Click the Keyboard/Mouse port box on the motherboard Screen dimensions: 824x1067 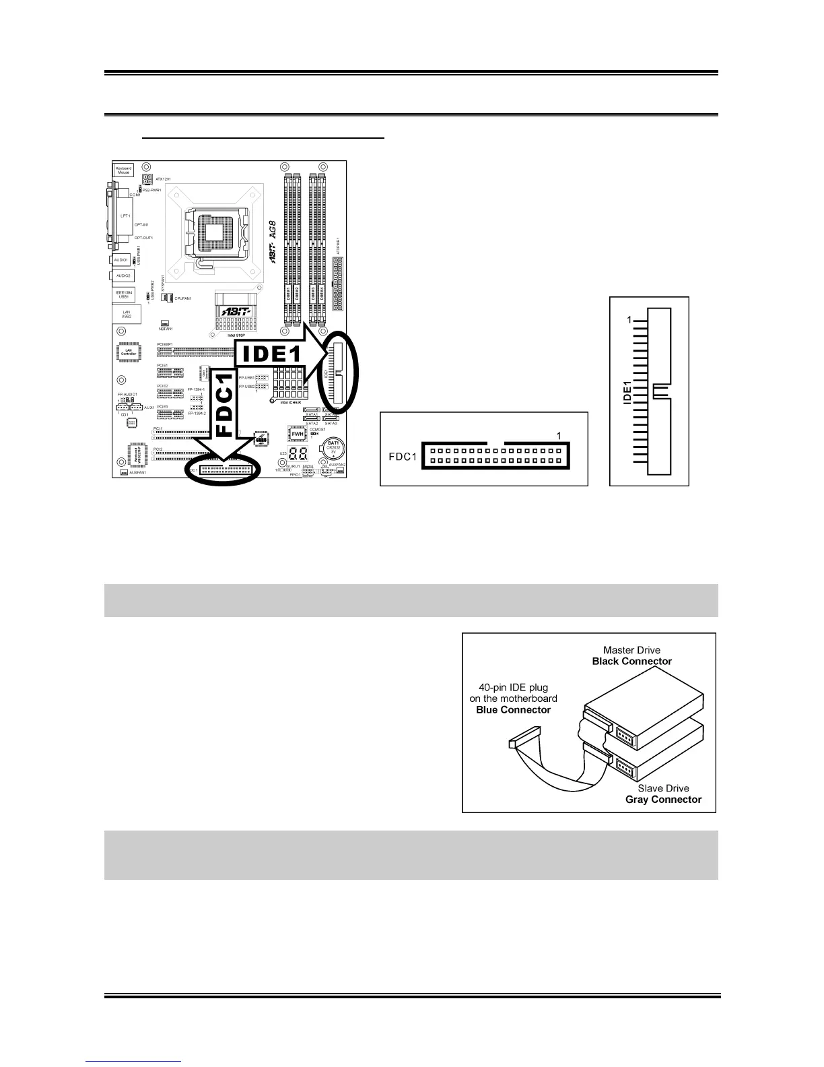[x=124, y=170]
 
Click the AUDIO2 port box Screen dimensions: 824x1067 [x=123, y=276]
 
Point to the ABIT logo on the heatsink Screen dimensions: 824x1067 [x=236, y=311]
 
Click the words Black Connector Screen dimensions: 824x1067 [x=631, y=661]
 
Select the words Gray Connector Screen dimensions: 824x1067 [x=663, y=800]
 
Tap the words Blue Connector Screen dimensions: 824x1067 [x=513, y=709]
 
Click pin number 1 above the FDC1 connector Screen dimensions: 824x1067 [x=558, y=436]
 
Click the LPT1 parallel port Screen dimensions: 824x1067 [x=125, y=216]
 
